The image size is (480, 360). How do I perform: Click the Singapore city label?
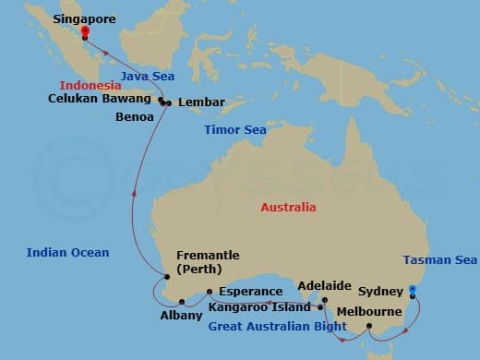[x=84, y=18]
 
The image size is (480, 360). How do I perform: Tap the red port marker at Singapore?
[x=84, y=30]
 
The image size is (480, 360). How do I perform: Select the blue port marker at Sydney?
[x=413, y=290]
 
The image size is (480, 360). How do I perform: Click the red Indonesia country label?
[x=91, y=85]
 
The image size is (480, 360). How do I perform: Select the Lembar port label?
[x=199, y=103]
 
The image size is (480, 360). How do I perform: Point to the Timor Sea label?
[x=235, y=130]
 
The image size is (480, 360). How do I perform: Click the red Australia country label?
[x=288, y=208]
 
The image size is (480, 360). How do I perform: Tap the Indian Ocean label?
[x=67, y=252]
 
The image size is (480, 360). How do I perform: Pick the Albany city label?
[x=181, y=316]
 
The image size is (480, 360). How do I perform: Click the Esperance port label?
[x=251, y=292]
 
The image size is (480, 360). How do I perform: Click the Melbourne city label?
[x=368, y=312]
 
